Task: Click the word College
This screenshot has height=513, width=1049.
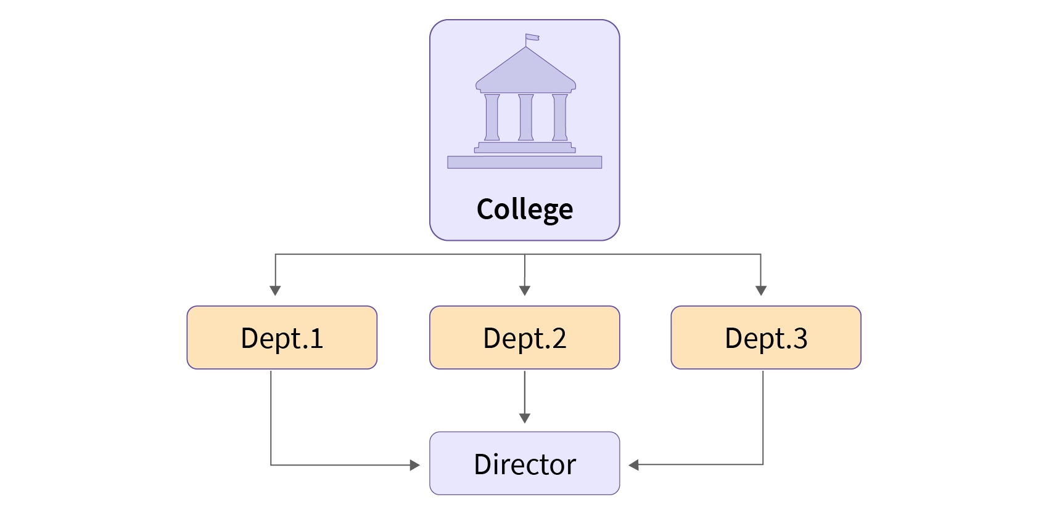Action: pyautogui.click(x=524, y=209)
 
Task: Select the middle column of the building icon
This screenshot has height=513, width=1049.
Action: pyautogui.click(x=526, y=118)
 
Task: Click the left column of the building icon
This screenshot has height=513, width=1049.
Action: pyautogui.click(x=492, y=118)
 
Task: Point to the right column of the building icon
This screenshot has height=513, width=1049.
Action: pyautogui.click(x=559, y=118)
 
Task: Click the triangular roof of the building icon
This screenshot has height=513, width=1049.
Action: pyautogui.click(x=525, y=70)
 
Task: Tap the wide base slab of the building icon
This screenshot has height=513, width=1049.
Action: pyautogui.click(x=524, y=162)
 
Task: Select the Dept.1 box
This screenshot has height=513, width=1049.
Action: pyautogui.click(x=282, y=337)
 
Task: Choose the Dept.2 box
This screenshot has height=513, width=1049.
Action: pyautogui.click(x=524, y=337)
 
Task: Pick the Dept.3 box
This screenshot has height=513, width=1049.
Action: pyautogui.click(x=766, y=337)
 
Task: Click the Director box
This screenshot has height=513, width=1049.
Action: pyautogui.click(x=524, y=464)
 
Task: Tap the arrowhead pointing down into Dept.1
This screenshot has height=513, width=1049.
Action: pyautogui.click(x=276, y=291)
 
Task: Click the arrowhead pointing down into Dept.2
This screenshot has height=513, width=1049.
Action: pyautogui.click(x=524, y=291)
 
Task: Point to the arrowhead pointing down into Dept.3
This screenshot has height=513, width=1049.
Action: pyautogui.click(x=761, y=291)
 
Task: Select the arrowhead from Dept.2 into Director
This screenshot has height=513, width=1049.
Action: pyautogui.click(x=524, y=418)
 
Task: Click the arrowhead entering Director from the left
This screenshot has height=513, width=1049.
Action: pyautogui.click(x=415, y=465)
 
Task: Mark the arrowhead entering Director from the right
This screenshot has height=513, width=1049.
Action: pyautogui.click(x=633, y=465)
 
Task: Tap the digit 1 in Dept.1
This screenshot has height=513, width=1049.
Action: pyautogui.click(x=317, y=338)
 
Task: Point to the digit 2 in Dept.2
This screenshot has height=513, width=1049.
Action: pyautogui.click(x=559, y=338)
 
